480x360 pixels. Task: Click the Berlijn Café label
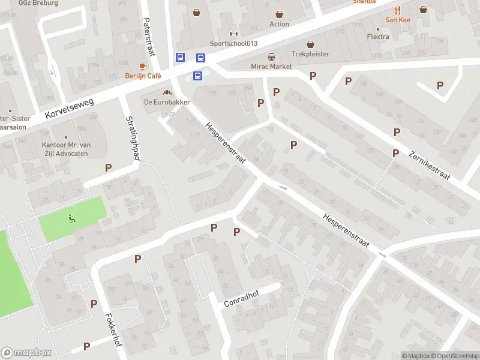[x=143, y=76]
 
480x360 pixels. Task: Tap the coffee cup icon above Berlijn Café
[x=143, y=66]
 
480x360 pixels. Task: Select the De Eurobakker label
[x=167, y=102]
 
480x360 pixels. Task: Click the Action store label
[x=279, y=24]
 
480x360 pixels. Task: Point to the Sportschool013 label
[x=233, y=43]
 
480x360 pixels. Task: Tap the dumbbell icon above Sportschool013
[x=233, y=34]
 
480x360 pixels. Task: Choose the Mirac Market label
[x=272, y=66]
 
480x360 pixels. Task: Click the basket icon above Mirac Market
[x=272, y=56]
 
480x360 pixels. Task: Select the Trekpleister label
[x=310, y=54]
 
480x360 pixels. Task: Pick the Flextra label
[x=378, y=37]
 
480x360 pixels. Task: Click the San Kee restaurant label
[x=397, y=20]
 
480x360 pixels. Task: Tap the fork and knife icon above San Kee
[x=397, y=10]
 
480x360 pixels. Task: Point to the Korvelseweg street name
[x=70, y=109]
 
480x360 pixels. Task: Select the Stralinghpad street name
[x=133, y=137]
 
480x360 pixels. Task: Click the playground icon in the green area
[x=73, y=218]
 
